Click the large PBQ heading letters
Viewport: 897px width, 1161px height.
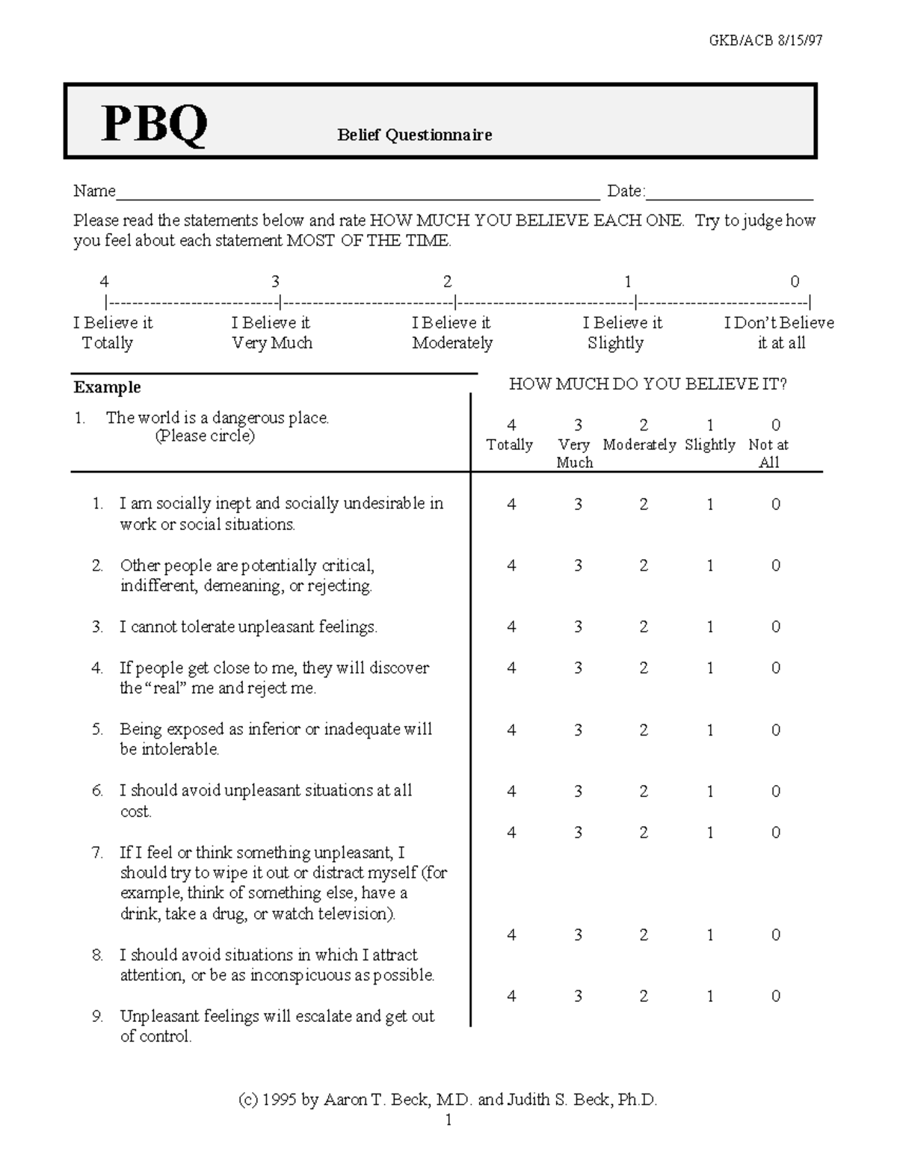tap(155, 124)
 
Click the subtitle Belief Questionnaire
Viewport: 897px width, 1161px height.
tap(414, 135)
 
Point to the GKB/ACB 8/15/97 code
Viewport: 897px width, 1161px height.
tap(765, 40)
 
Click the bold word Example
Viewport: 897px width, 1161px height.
tap(107, 387)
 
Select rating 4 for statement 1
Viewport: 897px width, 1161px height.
tap(511, 505)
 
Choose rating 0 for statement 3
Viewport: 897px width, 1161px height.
tap(775, 627)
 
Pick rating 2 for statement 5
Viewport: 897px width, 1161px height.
tap(644, 730)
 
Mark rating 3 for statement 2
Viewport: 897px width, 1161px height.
tap(578, 566)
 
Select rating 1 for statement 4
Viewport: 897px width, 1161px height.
tap(709, 668)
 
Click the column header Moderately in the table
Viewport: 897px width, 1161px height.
tap(639, 445)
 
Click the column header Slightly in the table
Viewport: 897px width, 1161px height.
tap(709, 445)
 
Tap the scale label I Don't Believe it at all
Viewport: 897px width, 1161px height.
tap(779, 333)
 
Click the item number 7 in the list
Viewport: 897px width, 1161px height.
tap(96, 852)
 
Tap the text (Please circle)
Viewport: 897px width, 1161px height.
tap(204, 437)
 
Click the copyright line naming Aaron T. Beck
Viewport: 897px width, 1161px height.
tap(448, 1100)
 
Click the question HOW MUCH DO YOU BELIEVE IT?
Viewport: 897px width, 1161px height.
tap(647, 384)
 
